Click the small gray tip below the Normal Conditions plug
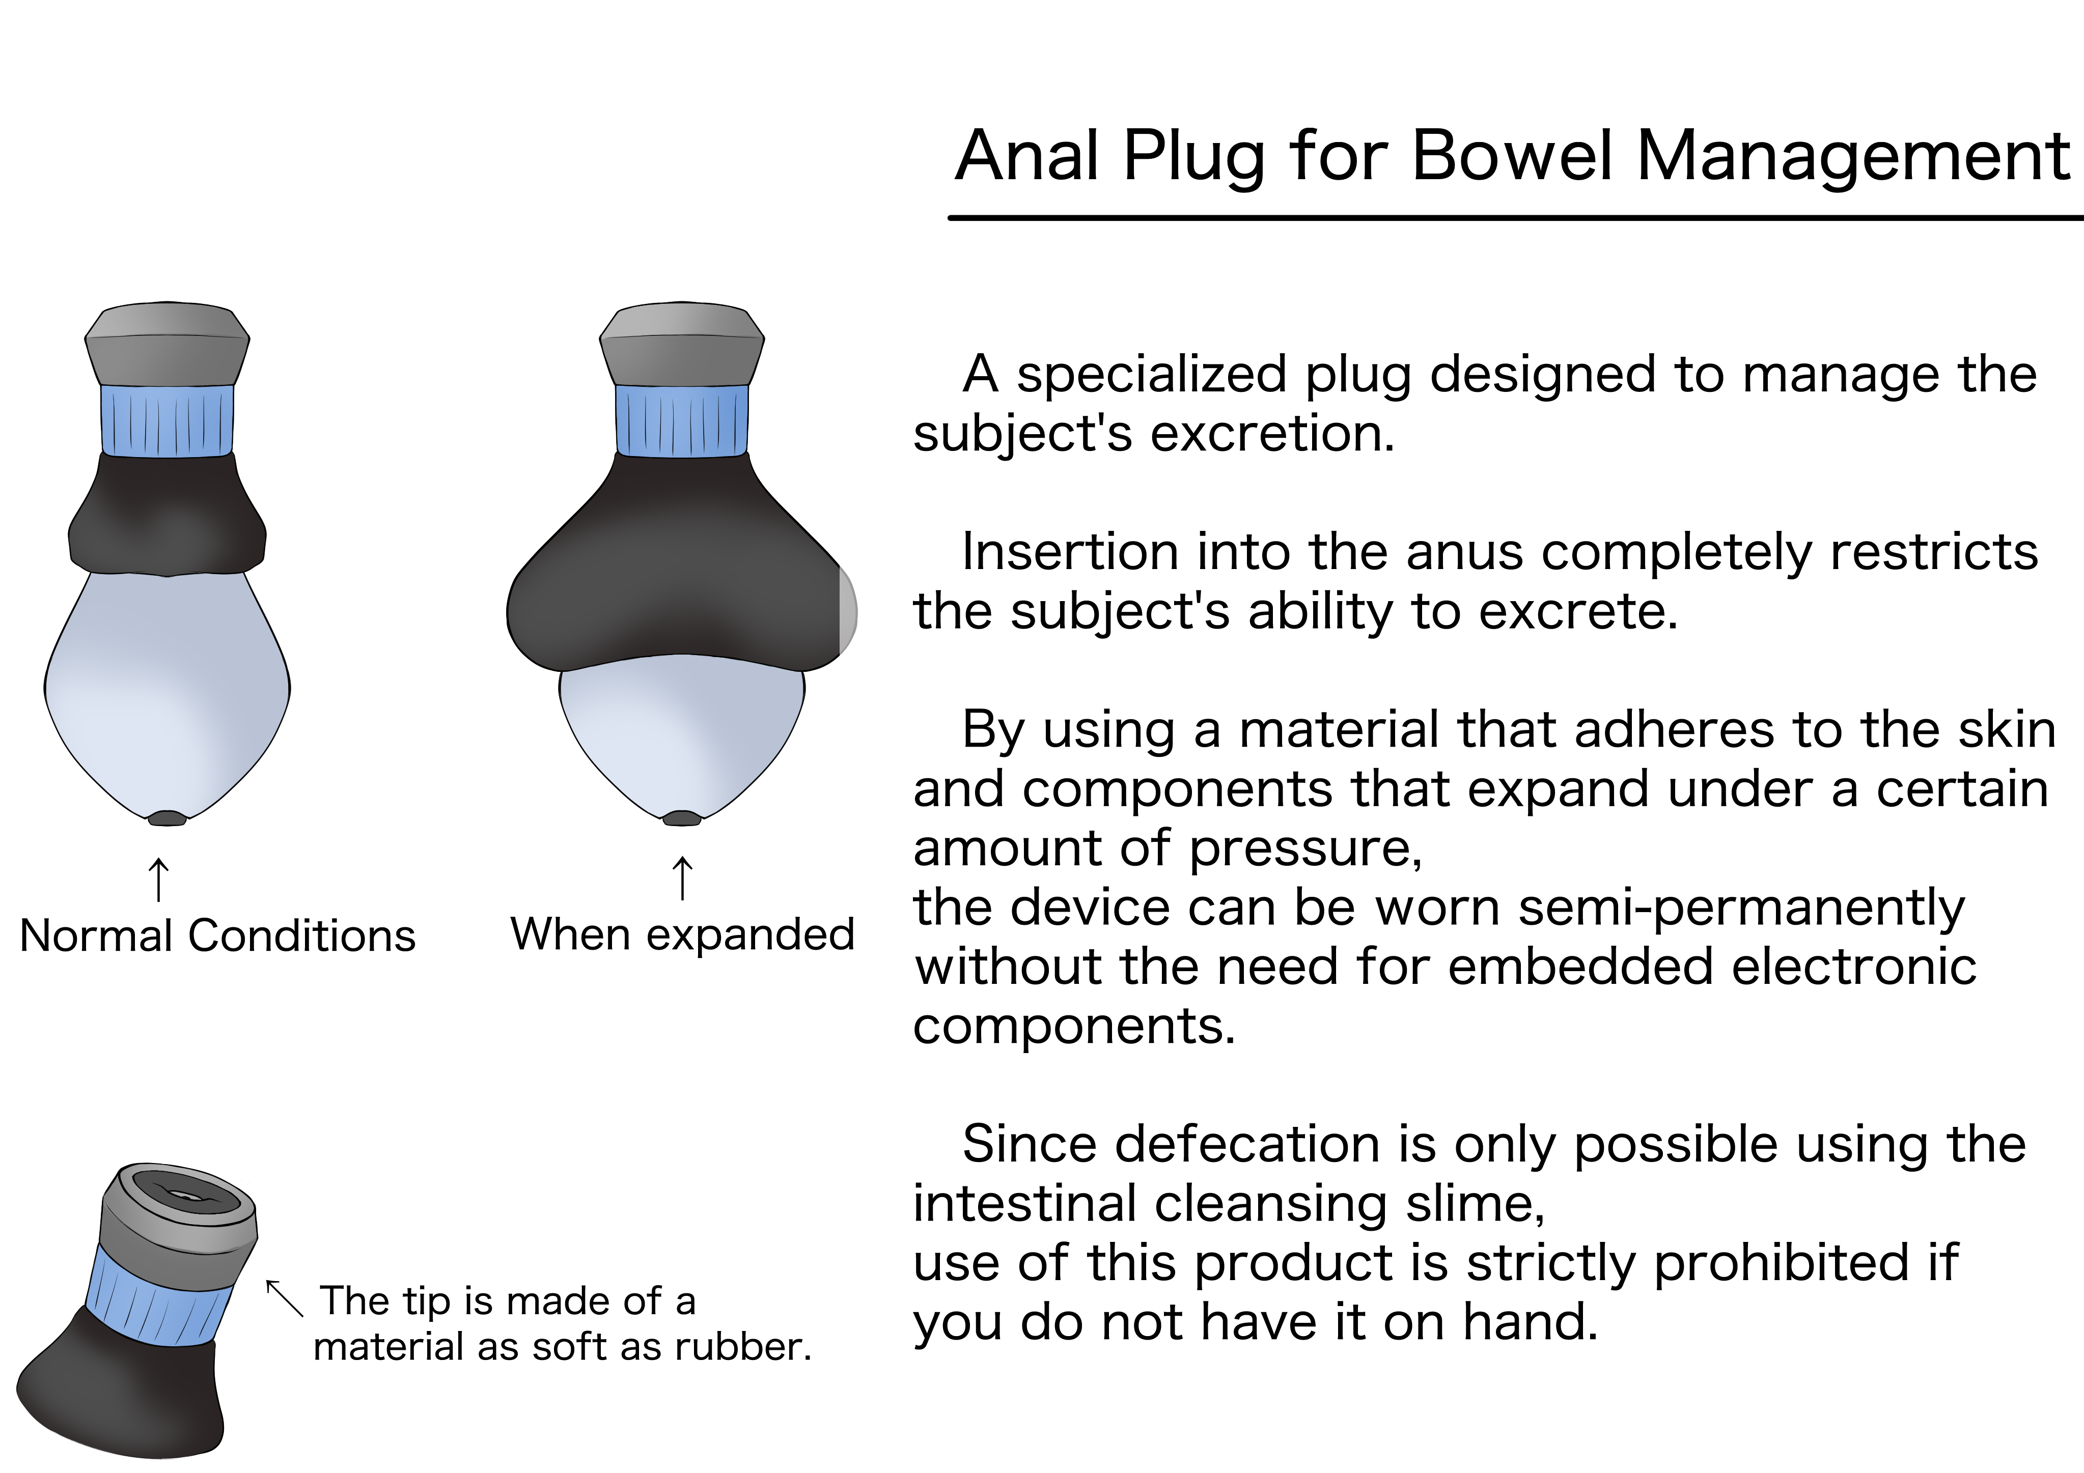pos(167,818)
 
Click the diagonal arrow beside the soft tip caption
pos(284,1298)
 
